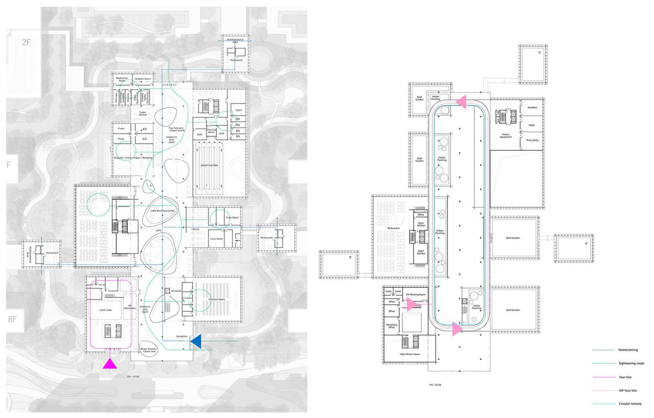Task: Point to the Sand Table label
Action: [99, 310]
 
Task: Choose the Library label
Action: [195, 229]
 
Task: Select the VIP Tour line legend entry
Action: [628, 390]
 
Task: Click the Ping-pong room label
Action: [532, 139]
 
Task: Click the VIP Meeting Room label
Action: [415, 294]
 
